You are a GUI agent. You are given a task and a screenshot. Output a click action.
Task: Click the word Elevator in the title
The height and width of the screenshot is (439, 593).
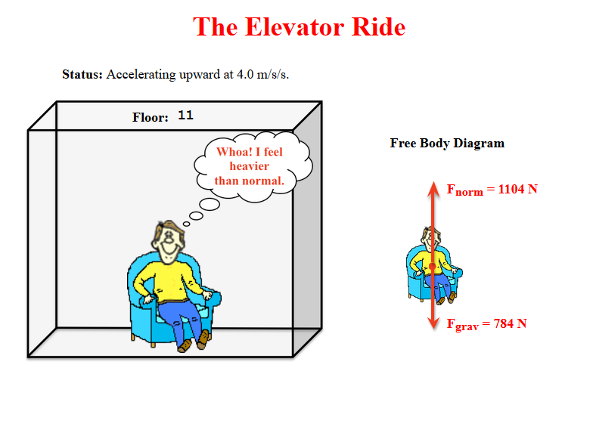coord(295,27)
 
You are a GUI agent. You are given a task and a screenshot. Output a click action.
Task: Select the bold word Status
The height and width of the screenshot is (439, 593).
coord(82,74)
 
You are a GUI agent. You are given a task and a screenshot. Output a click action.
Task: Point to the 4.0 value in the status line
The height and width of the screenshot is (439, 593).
coord(245,74)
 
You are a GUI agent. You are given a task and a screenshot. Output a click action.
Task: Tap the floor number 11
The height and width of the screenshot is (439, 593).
coord(186,115)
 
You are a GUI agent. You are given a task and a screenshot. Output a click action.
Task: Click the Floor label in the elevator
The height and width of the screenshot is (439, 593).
coord(150,117)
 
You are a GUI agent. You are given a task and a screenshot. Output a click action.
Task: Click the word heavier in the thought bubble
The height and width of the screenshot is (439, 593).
coord(250,166)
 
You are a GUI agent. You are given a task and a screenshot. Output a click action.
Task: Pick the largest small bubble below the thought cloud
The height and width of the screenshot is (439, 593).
coord(210,204)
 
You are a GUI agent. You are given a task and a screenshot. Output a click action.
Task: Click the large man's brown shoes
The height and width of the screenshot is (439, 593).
coord(194,342)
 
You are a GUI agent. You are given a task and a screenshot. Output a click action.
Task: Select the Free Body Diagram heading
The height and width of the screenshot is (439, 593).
coord(447,144)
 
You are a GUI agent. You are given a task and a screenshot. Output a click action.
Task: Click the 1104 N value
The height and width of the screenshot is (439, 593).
coord(517,189)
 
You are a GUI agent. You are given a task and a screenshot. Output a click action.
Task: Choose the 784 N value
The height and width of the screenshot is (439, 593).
coord(510,323)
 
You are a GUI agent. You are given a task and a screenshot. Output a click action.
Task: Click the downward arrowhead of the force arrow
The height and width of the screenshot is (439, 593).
coord(433,323)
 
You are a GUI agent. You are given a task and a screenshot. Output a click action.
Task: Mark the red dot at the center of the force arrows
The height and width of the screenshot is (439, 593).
coord(433,266)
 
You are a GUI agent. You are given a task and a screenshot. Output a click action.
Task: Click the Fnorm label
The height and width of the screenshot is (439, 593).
coord(464,190)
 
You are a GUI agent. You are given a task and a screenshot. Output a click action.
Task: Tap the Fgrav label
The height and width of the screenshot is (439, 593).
coord(463,325)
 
